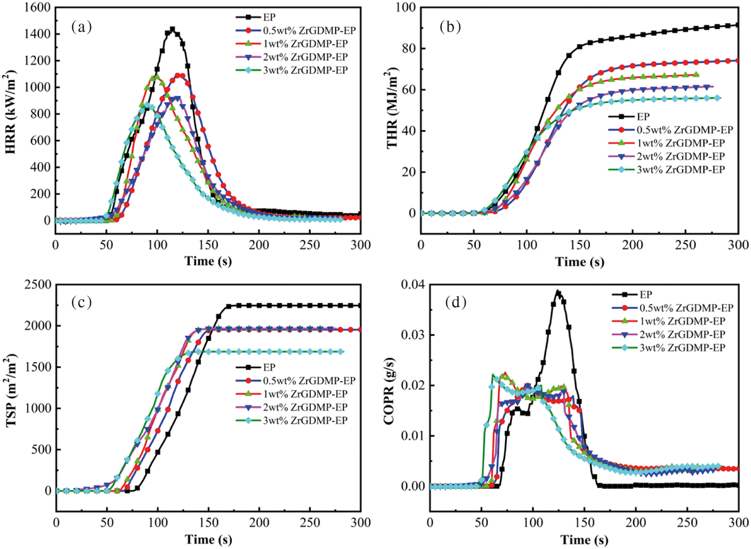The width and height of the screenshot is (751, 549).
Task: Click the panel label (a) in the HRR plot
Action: pyautogui.click(x=81, y=27)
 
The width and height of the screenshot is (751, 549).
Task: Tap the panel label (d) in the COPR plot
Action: pyautogui.click(x=456, y=302)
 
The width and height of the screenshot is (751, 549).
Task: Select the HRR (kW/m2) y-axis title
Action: pyautogui.click(x=11, y=112)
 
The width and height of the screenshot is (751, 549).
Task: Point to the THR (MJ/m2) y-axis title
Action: pyautogui.click(x=392, y=108)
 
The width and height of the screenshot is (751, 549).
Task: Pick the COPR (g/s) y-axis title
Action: pyautogui.click(x=389, y=391)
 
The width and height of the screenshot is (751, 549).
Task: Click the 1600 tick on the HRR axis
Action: pyautogui.click(x=37, y=8)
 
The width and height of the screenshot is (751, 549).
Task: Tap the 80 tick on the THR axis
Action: pyautogui.click(x=407, y=49)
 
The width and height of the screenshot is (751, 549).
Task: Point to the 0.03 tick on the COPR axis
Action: pyautogui.click(x=413, y=335)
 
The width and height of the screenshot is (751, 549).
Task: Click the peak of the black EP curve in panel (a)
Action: pyautogui.click(x=172, y=29)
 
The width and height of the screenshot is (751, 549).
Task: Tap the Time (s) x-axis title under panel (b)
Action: pyautogui.click(x=579, y=262)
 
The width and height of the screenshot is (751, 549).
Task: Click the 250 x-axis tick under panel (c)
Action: pyautogui.click(x=310, y=523)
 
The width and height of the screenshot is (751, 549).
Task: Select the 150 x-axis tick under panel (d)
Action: pyautogui.click(x=584, y=523)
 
